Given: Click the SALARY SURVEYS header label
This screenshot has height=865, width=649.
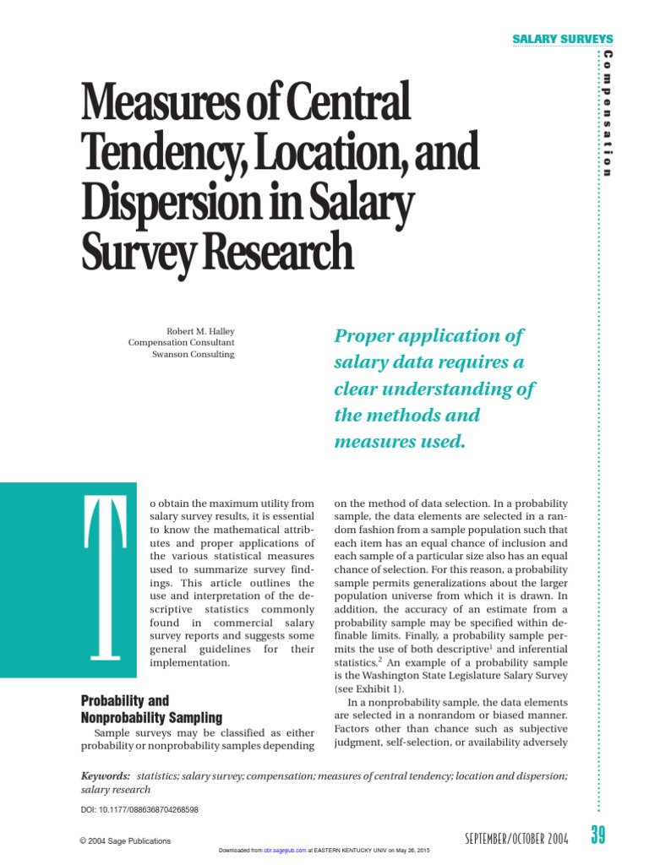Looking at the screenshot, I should click(563, 40).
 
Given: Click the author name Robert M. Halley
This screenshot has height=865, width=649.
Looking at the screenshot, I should click(202, 331).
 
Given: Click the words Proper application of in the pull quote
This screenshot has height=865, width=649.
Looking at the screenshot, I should click(429, 335).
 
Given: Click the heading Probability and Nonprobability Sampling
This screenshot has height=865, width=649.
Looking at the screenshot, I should click(151, 710).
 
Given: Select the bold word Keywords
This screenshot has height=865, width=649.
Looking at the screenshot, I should click(106, 775).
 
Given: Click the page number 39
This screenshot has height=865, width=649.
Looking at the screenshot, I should click(598, 836).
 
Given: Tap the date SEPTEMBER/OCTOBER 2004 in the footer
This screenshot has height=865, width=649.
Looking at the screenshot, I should click(516, 838).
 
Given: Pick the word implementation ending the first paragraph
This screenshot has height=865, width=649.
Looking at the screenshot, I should click(189, 663).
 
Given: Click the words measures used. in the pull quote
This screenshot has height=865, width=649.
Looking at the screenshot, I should click(401, 441).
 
